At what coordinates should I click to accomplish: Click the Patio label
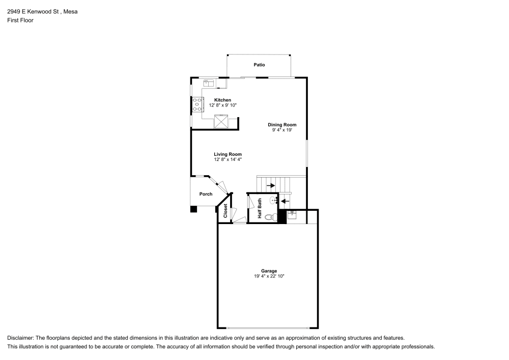coord(259,65)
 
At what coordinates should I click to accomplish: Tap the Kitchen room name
coord(223,100)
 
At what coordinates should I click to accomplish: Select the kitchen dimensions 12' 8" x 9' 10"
coord(223,105)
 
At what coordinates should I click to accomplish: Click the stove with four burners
coord(197,105)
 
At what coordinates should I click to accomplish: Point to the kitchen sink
coord(208,83)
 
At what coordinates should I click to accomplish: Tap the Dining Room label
coord(282,125)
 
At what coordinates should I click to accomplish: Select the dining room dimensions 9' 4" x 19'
coord(282,130)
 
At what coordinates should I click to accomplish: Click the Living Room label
coord(228,154)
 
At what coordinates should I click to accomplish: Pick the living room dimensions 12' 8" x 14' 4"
coord(228,159)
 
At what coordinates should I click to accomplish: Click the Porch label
coord(206,194)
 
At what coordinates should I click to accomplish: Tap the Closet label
coord(225,211)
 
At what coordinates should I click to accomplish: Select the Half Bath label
coord(260,208)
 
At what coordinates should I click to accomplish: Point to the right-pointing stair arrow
coord(271,186)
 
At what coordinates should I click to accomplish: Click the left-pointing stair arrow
coord(285,201)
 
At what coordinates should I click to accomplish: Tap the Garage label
coord(269,271)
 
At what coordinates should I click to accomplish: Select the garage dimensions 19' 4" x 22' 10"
coord(269,276)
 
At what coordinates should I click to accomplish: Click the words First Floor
coord(20,20)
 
